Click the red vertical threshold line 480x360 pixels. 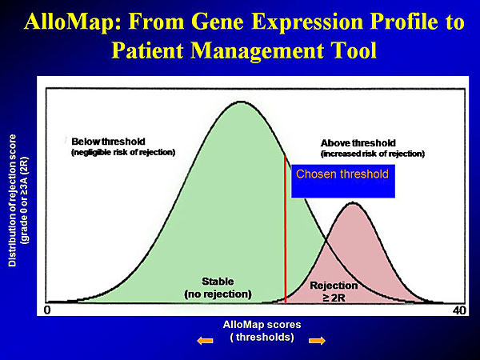click(286, 229)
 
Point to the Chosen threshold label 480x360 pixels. click(342, 174)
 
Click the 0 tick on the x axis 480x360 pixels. click(47, 310)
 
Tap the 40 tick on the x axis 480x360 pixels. click(459, 310)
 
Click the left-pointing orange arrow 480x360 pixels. click(205, 341)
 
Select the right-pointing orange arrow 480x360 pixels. click(317, 341)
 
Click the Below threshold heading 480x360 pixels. click(108, 142)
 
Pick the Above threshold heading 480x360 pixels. click(358, 143)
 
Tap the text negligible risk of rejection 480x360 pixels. click(123, 153)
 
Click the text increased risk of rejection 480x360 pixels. click(373, 154)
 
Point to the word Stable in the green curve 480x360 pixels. click(218, 282)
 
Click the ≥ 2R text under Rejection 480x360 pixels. click(334, 298)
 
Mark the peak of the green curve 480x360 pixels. click(242, 102)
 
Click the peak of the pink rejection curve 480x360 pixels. click(354, 202)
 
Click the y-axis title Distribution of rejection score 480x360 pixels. click(12, 201)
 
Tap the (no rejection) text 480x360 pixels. click(218, 294)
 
